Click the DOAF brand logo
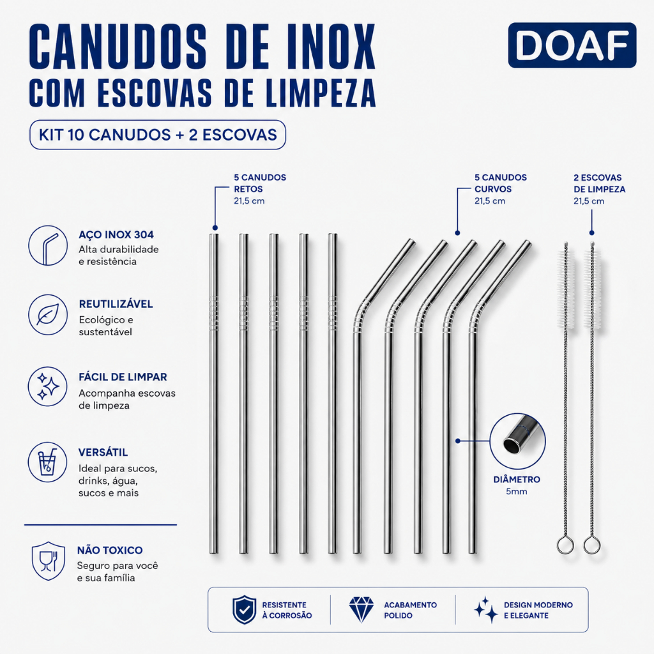click(572, 45)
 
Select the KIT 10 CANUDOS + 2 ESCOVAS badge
click(158, 135)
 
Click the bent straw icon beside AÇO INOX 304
click(48, 246)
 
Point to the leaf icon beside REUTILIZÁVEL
click(48, 314)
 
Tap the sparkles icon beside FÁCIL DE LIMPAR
click(48, 386)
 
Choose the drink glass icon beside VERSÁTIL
click(48, 462)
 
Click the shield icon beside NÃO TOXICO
click(49, 561)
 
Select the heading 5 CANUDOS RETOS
click(260, 183)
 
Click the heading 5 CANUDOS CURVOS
click(501, 183)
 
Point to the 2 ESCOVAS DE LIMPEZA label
click(599, 183)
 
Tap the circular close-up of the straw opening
click(517, 441)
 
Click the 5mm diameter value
click(516, 491)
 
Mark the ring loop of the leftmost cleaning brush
click(565, 545)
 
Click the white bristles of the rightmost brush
click(592, 289)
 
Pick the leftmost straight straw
click(213, 393)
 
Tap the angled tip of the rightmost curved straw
click(527, 245)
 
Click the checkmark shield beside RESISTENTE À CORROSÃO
click(245, 610)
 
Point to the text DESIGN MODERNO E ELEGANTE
click(538, 610)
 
